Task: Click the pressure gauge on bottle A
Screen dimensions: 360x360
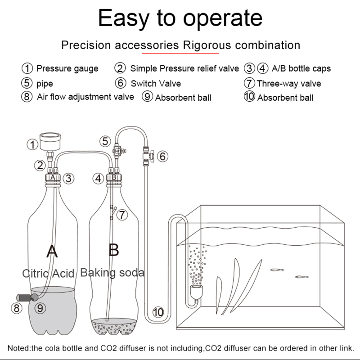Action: pos(48,141)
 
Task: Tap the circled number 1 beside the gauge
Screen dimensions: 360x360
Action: pos(32,145)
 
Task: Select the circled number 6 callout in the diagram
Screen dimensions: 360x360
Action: pos(163,156)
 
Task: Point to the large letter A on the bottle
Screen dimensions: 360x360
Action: pos(52,251)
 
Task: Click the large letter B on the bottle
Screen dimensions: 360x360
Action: pos(113,249)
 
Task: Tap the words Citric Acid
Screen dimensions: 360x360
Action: pos(48,273)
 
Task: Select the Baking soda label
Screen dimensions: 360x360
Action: pos(112,272)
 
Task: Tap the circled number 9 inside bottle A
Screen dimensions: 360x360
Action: pos(40,308)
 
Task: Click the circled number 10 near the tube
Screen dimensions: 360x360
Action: pos(158,311)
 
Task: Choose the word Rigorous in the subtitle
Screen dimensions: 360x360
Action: pos(203,45)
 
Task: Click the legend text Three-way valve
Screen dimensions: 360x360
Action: pos(289,83)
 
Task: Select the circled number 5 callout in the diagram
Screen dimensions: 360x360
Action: pos(105,141)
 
